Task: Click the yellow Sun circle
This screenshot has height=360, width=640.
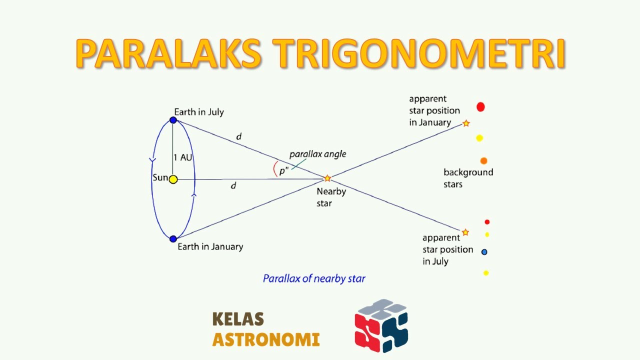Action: (173, 179)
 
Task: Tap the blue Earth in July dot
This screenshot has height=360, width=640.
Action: (173, 120)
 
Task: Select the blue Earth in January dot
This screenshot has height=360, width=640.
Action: (173, 239)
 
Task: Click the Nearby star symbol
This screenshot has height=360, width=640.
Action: (327, 178)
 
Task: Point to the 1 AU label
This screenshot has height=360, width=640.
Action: (182, 157)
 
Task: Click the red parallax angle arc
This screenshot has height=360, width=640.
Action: (274, 169)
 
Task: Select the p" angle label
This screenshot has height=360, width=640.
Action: (284, 171)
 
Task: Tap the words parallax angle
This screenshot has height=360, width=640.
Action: (317, 154)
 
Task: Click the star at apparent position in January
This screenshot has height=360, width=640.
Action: (466, 123)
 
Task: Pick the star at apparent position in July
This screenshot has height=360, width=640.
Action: (465, 232)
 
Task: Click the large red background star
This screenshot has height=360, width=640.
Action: (480, 106)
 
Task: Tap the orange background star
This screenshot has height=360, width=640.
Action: (483, 161)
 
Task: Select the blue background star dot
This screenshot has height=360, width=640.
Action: (484, 252)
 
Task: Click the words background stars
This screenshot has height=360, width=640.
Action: (468, 178)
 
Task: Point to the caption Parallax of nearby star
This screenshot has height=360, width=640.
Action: (314, 278)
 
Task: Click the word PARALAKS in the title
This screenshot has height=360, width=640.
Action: (168, 54)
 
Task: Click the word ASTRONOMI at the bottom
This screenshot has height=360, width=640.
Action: (265, 340)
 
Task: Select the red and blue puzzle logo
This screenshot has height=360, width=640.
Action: (381, 326)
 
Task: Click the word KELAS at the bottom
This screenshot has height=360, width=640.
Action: (238, 319)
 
